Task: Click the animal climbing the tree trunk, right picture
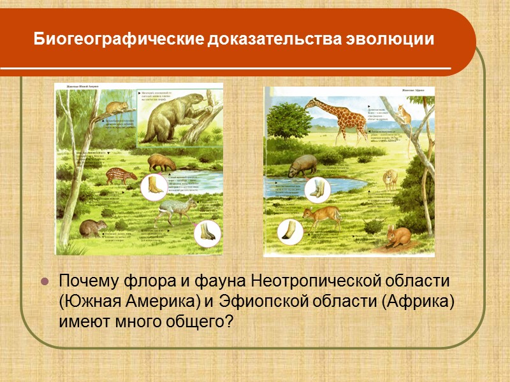click(404, 114)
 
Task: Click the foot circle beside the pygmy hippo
click(317, 188)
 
